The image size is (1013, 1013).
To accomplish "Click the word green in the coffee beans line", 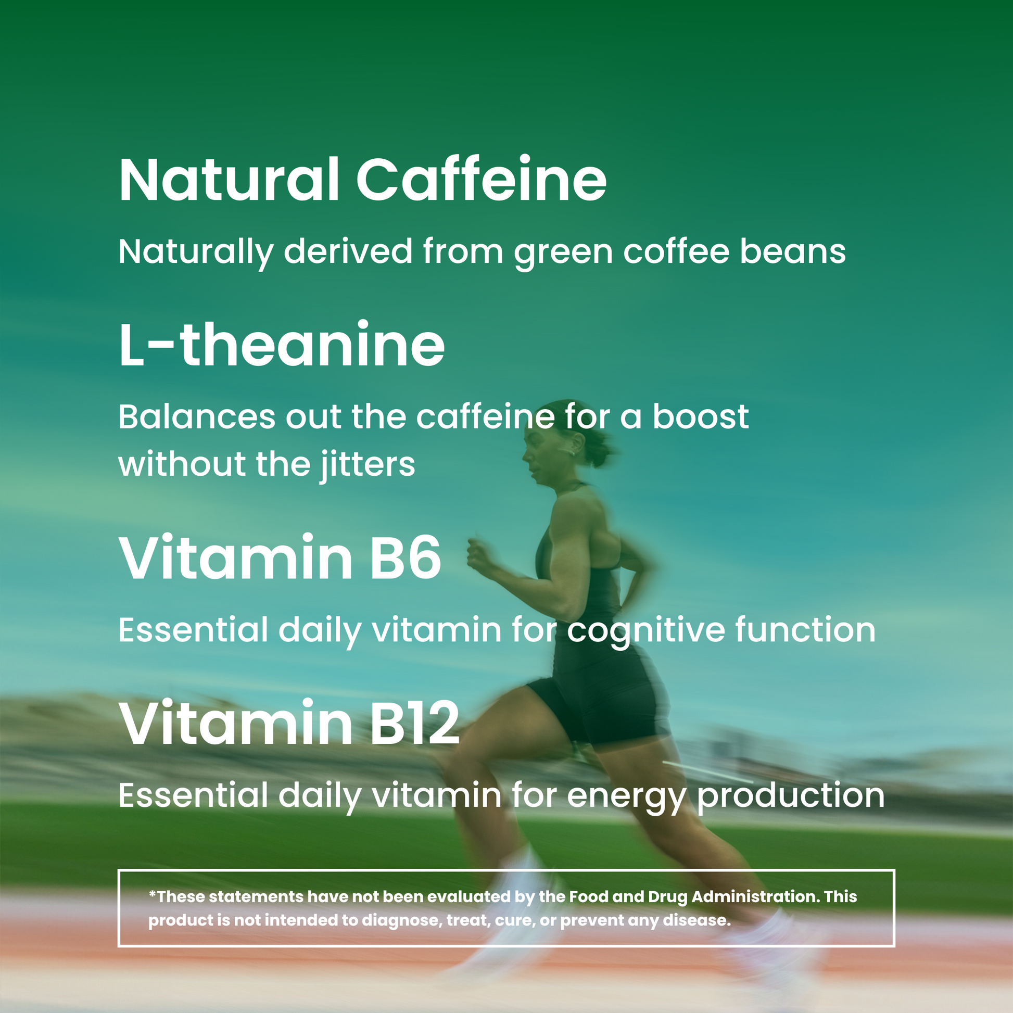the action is [564, 252].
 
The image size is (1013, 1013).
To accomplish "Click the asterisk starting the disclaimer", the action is [153, 893].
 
